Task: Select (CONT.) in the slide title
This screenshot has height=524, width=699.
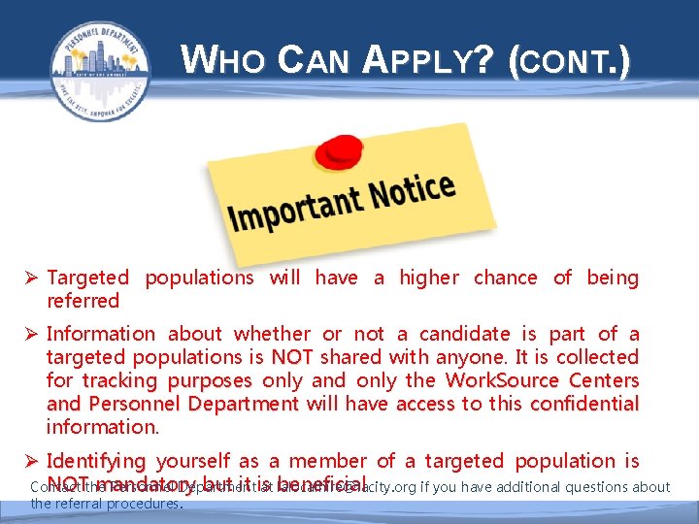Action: pyautogui.click(x=569, y=64)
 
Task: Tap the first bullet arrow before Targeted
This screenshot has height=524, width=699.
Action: pyautogui.click(x=33, y=278)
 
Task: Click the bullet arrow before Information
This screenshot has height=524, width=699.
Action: pyautogui.click(x=33, y=335)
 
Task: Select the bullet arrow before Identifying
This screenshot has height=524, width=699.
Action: pyautogui.click(x=33, y=462)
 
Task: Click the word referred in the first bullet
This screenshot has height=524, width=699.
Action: pyautogui.click(x=83, y=301)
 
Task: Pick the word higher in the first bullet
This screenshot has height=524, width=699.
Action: pyautogui.click(x=429, y=278)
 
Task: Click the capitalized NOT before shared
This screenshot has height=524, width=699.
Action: pyautogui.click(x=292, y=357)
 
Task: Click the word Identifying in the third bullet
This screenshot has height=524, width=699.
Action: pyautogui.click(x=95, y=462)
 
